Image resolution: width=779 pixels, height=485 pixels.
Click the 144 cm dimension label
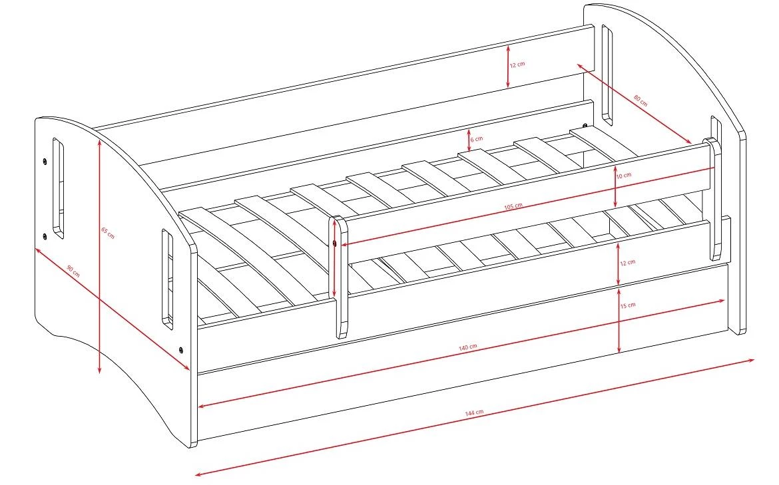(x=474, y=413)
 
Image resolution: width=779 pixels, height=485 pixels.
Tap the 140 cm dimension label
(x=468, y=347)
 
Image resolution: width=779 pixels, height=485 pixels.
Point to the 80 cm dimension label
(x=640, y=100)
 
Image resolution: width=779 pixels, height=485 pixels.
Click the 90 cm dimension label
(x=73, y=271)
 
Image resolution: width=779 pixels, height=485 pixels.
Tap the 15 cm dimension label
(x=627, y=305)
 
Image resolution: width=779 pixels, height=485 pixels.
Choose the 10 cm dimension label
(x=623, y=176)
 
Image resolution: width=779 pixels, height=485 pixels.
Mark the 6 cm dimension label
(x=476, y=139)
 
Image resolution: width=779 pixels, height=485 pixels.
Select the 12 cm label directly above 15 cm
(x=627, y=263)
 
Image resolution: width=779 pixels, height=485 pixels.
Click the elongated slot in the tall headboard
(x=607, y=75)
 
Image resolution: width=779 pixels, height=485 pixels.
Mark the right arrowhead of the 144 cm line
(x=752, y=361)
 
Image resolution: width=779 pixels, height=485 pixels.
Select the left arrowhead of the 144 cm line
(x=198, y=474)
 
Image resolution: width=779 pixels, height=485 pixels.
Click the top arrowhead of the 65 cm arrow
(x=99, y=144)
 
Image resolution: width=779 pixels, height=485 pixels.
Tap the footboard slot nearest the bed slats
(x=167, y=279)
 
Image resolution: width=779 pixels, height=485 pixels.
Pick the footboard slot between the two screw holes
(x=59, y=188)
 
